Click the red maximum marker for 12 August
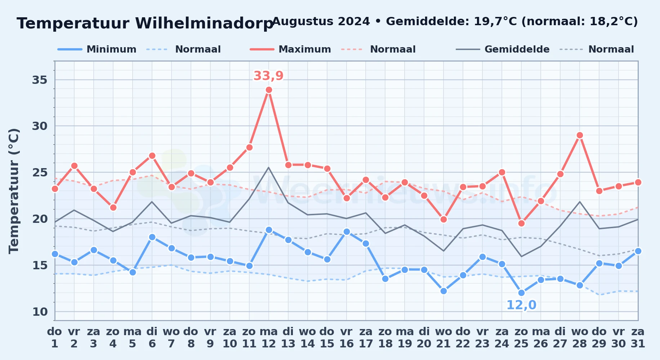click(x=269, y=90)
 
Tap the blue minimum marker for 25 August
click(x=521, y=293)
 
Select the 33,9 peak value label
click(x=268, y=76)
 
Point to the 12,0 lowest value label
click(x=521, y=305)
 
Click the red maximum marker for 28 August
click(x=580, y=135)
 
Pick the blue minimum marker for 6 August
click(x=152, y=237)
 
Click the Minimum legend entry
click(x=97, y=49)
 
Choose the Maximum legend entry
click(x=290, y=49)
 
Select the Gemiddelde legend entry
click(x=503, y=49)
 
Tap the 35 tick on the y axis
click(x=40, y=80)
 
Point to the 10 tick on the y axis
click(x=40, y=312)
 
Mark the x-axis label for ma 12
click(x=269, y=338)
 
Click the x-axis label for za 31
click(x=638, y=338)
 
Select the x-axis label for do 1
click(x=55, y=338)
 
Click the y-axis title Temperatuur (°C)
click(x=14, y=191)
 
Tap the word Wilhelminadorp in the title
click(x=204, y=24)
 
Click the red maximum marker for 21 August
click(x=443, y=219)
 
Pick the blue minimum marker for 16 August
click(x=347, y=232)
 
